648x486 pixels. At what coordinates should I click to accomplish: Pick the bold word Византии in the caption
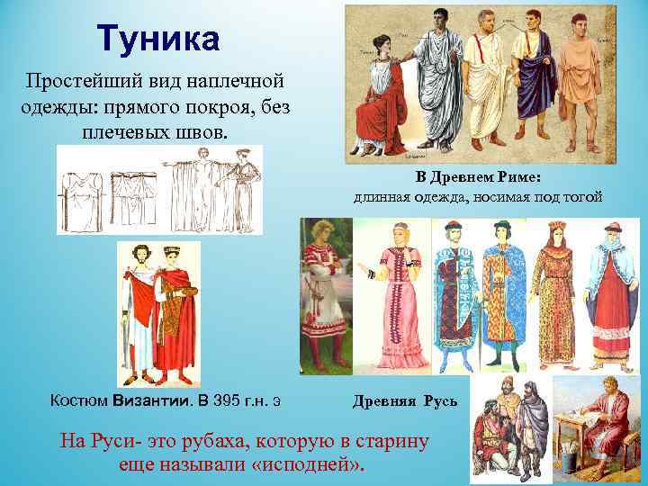click(148, 399)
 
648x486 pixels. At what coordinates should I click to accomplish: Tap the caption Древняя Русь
click(404, 400)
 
